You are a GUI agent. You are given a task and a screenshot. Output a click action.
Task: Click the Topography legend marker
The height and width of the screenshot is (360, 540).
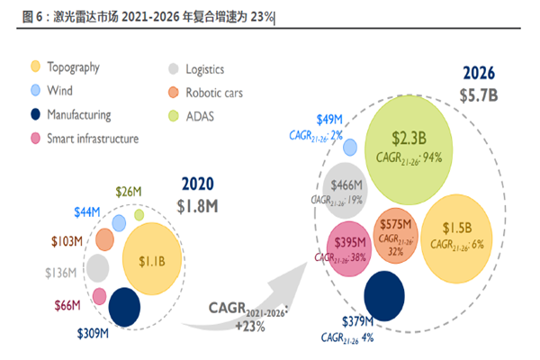coord(36,67)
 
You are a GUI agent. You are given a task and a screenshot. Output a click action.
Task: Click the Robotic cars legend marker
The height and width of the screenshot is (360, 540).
coord(175,92)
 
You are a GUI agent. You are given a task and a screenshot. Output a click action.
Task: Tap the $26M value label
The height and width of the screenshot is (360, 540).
coord(130,191)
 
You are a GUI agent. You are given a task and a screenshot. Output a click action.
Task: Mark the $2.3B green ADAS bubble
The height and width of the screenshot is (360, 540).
coord(407,148)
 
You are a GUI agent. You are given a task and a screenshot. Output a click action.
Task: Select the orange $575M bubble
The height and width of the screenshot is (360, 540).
coord(395,237)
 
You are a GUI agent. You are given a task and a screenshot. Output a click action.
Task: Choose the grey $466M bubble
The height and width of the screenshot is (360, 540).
coord(346,190)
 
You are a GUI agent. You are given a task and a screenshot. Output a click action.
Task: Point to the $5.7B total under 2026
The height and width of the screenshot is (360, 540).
coord(479,94)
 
